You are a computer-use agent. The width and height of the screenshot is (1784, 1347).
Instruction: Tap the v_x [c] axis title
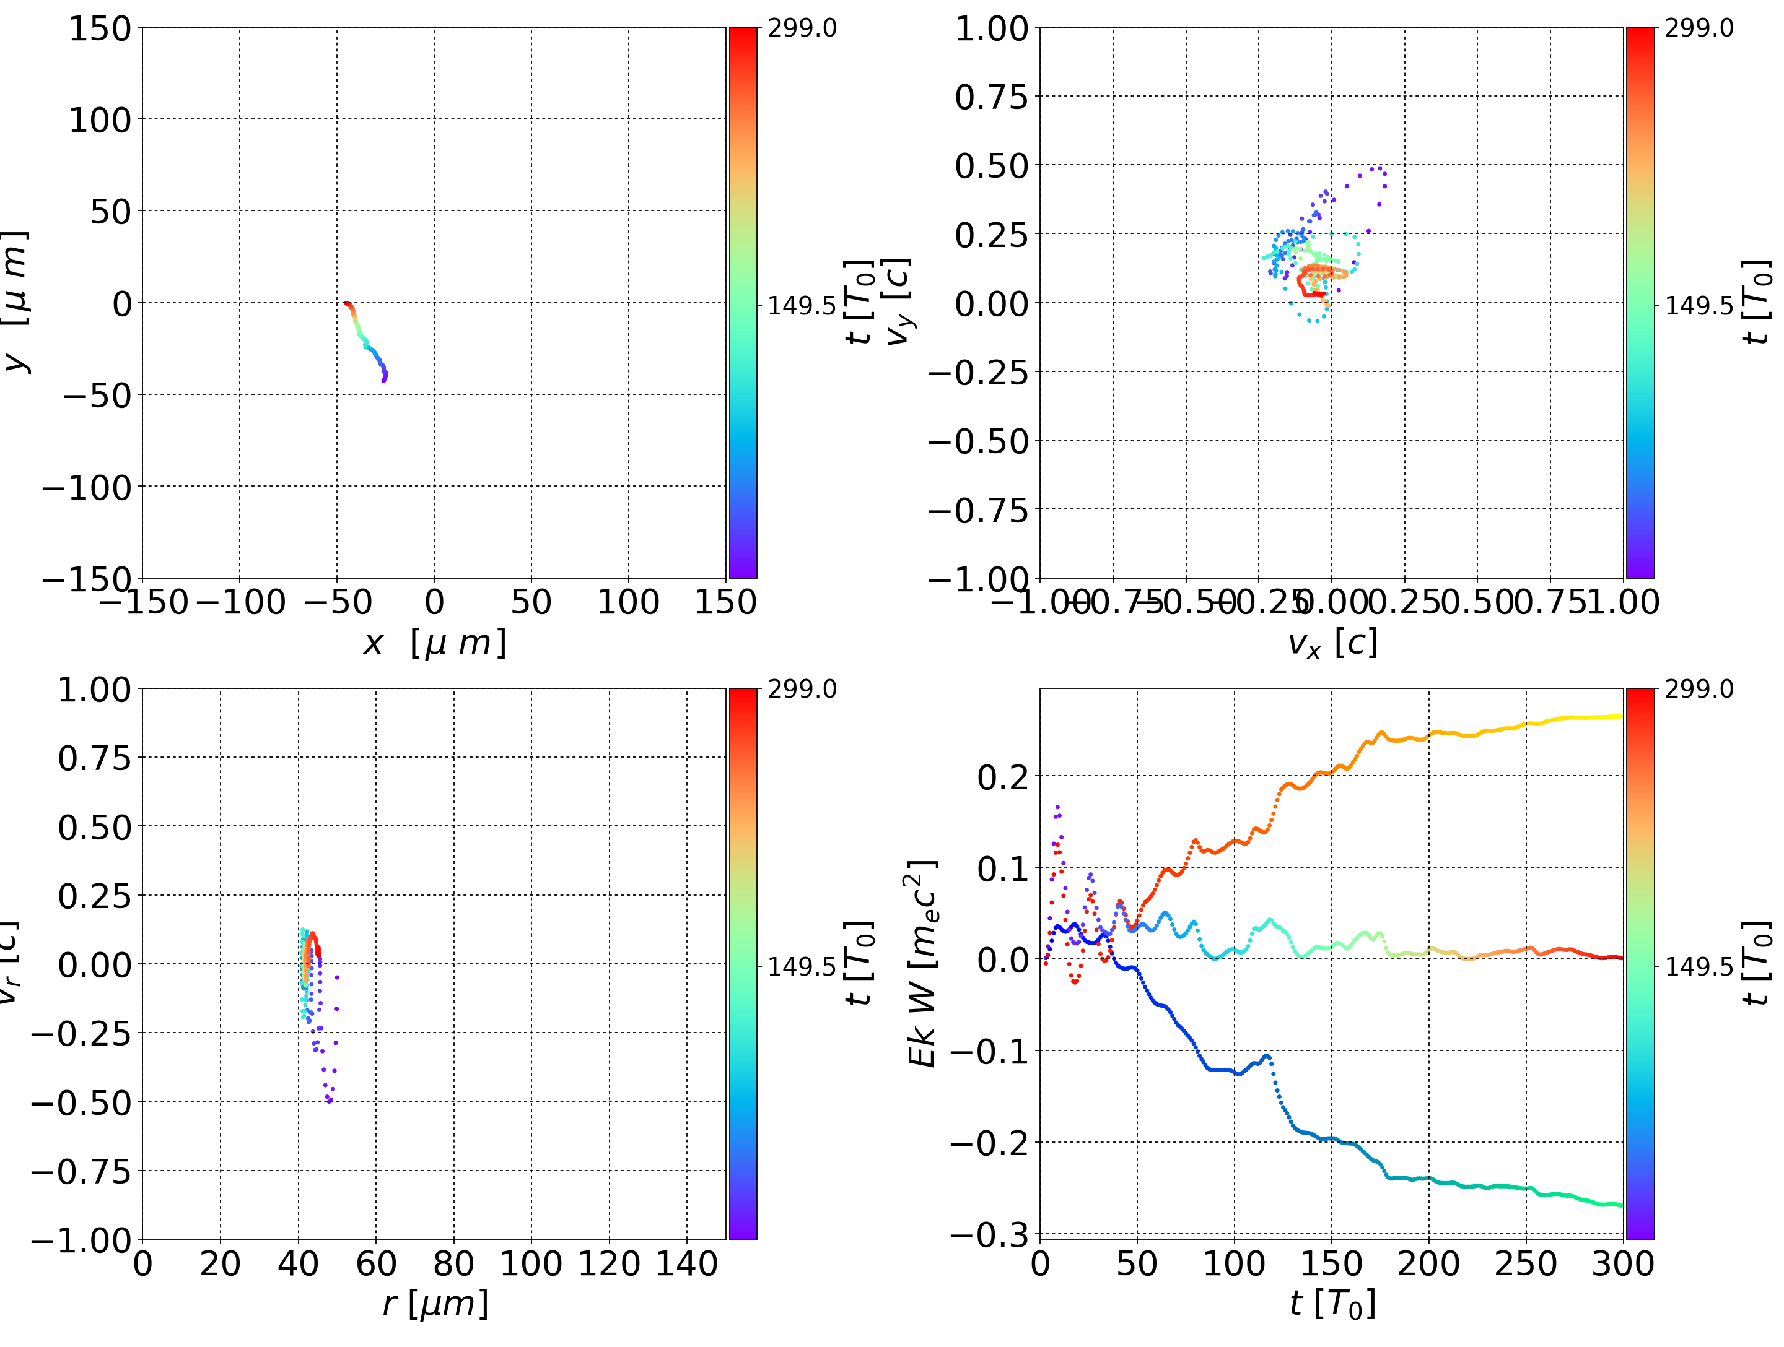point(1332,643)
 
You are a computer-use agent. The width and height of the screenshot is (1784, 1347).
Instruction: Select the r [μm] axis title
point(435,1304)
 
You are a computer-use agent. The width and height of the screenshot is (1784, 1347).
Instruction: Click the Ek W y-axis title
point(922,963)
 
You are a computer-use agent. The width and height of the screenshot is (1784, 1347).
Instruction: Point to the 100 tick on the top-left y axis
point(99,120)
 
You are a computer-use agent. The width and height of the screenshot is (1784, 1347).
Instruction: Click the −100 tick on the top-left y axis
point(86,488)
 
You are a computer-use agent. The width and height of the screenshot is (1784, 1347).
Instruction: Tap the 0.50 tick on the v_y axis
point(992,166)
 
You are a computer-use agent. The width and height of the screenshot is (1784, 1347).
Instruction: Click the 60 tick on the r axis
point(376,1263)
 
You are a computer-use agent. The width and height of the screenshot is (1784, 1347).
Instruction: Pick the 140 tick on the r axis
point(686,1263)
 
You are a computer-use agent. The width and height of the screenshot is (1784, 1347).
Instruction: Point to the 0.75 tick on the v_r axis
point(94,758)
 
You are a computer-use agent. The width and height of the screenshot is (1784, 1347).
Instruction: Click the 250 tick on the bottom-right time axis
point(1526,1263)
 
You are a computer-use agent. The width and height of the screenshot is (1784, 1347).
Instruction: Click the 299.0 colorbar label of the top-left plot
point(802,28)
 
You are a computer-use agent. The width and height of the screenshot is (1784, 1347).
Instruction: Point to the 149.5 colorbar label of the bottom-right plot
point(1699,966)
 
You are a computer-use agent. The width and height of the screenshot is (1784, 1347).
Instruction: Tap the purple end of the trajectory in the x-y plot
point(384,379)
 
